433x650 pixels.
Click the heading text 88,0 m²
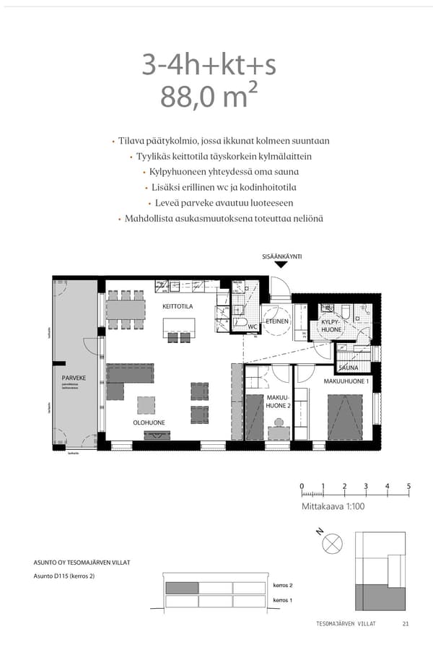click(209, 96)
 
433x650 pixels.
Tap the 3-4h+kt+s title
click(209, 65)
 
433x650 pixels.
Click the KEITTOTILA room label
click(178, 307)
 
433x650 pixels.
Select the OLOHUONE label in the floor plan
click(149, 422)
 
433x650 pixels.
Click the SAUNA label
click(349, 368)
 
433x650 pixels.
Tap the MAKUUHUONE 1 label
click(346, 381)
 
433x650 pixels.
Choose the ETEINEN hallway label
click(277, 321)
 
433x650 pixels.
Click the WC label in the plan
click(253, 326)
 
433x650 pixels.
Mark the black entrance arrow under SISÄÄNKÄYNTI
click(281, 264)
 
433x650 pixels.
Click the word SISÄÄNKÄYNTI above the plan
click(281, 256)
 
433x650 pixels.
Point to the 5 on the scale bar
click(408, 486)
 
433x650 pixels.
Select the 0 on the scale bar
click(302, 486)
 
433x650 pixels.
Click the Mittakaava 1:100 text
click(333, 506)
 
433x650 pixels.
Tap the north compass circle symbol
click(333, 543)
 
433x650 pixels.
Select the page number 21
click(406, 624)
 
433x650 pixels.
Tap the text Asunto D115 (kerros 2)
click(64, 576)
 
